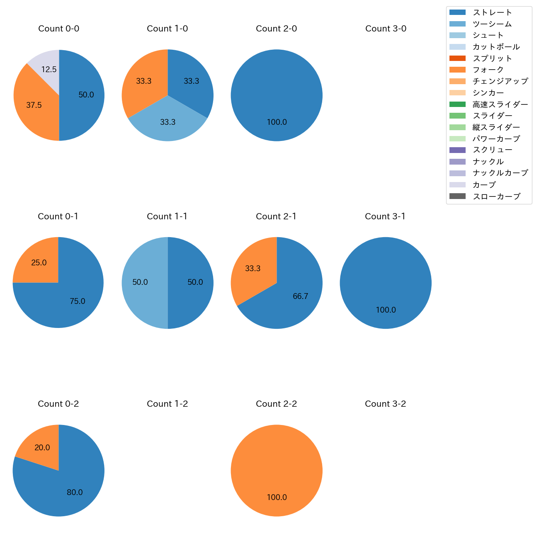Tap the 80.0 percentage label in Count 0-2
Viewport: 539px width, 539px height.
point(75,492)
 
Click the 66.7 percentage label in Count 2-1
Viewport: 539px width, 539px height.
point(300,296)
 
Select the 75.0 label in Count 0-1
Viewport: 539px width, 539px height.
point(78,301)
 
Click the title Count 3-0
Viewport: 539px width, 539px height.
point(386,29)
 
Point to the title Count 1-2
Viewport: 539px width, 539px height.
point(168,404)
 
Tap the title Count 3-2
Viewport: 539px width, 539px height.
point(386,404)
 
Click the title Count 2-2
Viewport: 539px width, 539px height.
point(277,404)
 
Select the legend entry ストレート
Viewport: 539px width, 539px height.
point(492,12)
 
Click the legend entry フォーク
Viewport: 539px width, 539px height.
point(488,70)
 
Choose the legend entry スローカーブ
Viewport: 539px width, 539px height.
point(496,197)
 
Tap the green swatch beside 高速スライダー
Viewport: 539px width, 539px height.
point(457,104)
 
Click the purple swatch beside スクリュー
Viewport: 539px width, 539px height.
point(457,150)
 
